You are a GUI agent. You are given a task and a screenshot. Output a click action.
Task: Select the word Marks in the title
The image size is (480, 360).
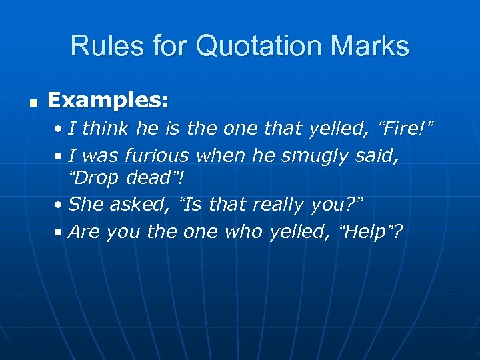(x=369, y=46)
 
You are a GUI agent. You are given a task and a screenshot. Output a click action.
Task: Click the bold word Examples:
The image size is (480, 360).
(x=108, y=101)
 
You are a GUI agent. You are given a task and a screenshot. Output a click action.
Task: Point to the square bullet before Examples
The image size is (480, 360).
(x=32, y=103)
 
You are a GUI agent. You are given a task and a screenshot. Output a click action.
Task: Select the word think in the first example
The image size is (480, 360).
(x=109, y=128)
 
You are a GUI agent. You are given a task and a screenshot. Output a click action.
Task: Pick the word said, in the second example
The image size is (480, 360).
(x=381, y=155)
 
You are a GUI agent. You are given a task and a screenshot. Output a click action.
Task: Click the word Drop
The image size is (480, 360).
(x=93, y=179)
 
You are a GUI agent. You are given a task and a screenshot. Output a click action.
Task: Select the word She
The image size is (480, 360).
(x=86, y=205)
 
